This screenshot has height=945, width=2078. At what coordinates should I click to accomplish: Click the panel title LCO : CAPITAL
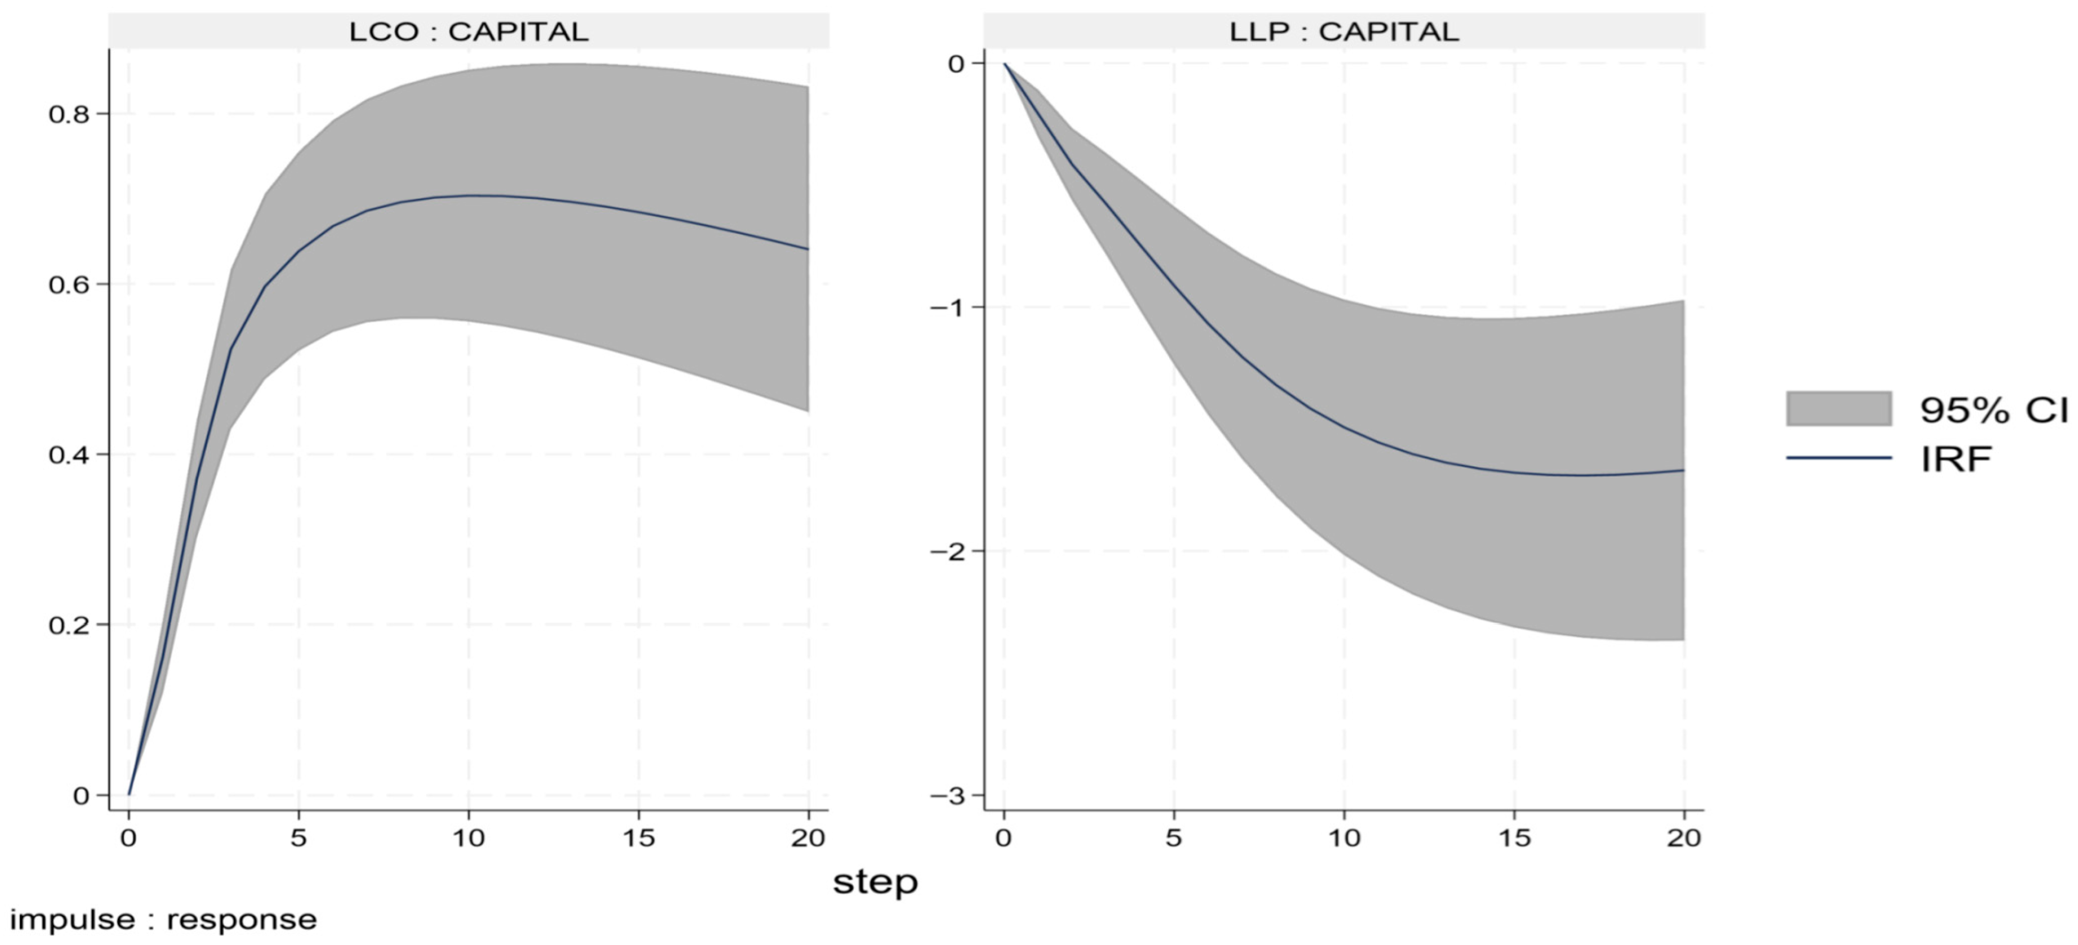pos(468,32)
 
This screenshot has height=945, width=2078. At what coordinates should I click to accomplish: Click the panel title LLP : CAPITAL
pos(1344,32)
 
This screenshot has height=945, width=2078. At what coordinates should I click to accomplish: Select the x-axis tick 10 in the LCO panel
pos(469,837)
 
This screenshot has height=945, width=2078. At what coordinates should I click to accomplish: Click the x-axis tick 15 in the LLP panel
pos(1514,837)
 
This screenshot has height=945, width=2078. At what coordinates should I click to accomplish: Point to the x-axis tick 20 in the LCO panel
pos(808,837)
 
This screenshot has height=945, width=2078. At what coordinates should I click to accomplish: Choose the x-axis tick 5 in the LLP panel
pos(1174,837)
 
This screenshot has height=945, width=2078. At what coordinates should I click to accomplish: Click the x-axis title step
pos(875,882)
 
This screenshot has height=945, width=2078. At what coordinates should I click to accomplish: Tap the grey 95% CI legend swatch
pos(1839,408)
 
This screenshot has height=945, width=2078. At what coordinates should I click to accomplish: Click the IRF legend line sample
pos(1839,458)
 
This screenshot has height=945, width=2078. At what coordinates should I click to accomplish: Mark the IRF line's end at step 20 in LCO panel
pos(808,248)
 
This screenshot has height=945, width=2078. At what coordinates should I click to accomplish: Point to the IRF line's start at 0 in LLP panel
pos(1004,63)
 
